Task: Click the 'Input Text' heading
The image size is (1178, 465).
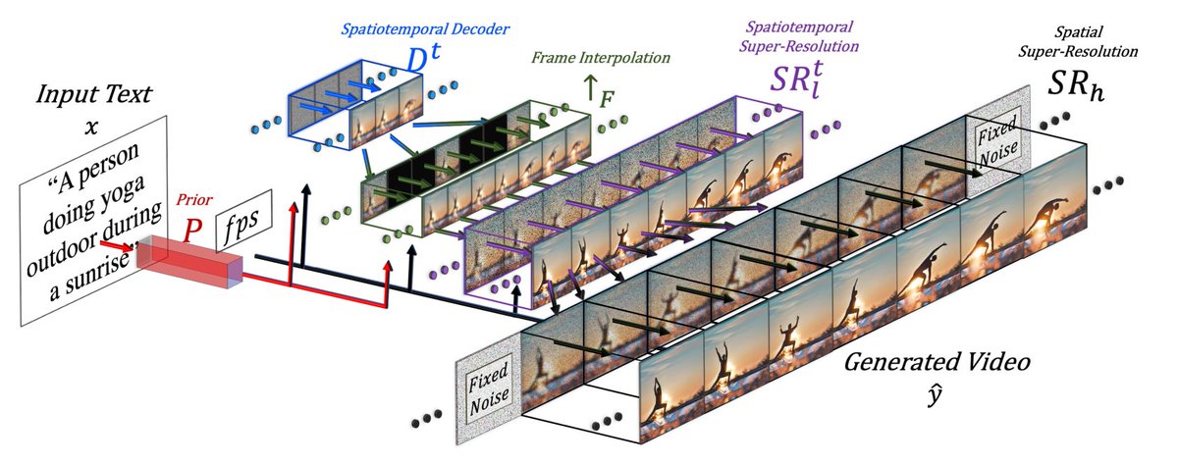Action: pos(93,95)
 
